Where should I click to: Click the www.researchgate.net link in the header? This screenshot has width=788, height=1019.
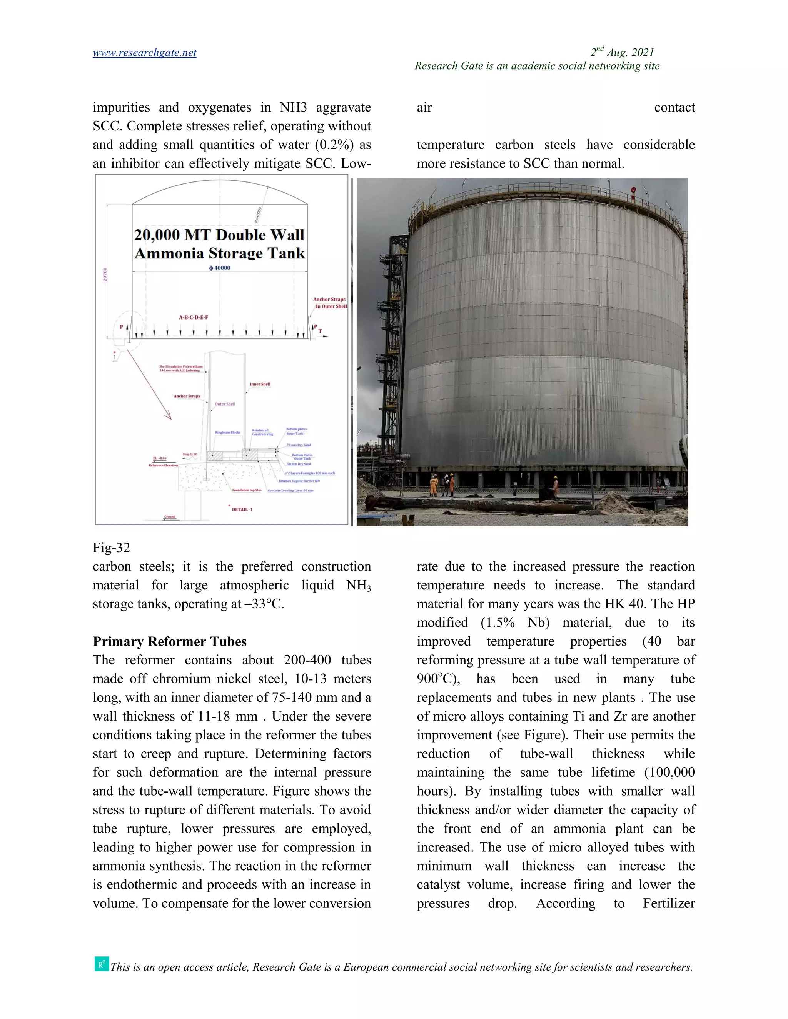point(144,53)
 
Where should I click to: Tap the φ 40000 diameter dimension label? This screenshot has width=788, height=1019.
point(219,268)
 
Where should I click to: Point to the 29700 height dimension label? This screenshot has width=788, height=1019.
point(105,274)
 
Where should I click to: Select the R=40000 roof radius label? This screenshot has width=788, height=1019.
point(258,214)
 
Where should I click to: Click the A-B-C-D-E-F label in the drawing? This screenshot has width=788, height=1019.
point(193,317)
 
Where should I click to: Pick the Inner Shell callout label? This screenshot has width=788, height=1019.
point(260,384)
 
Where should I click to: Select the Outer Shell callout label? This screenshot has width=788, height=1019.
point(225,404)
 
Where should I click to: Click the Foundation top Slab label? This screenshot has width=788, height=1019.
point(247,490)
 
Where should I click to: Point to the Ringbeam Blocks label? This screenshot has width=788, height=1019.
point(227,433)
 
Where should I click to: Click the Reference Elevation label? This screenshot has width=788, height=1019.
point(163,465)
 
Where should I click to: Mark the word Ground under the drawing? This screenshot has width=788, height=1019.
point(170,516)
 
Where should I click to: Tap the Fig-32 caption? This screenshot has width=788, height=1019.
point(112,547)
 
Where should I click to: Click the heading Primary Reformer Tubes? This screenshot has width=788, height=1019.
point(169,641)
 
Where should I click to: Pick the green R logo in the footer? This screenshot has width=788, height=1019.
point(101,964)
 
